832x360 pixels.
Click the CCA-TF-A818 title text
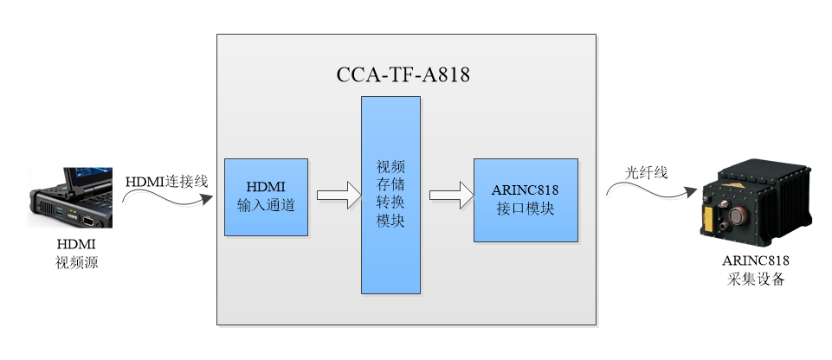(x=403, y=74)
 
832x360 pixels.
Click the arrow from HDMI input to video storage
(x=337, y=195)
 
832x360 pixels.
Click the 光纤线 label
(x=647, y=172)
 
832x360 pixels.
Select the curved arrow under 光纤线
(x=649, y=188)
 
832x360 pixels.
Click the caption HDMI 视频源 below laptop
(x=76, y=254)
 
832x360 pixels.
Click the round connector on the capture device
(x=740, y=216)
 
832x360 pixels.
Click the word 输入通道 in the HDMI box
(x=266, y=206)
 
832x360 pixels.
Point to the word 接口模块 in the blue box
(x=525, y=209)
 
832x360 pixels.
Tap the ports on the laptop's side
(x=69, y=213)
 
